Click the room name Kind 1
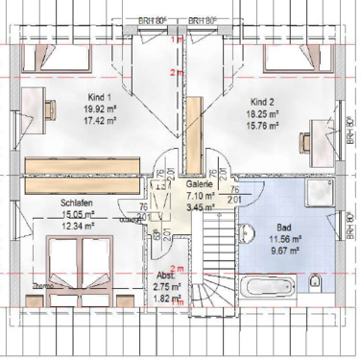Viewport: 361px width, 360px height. coord(100,98)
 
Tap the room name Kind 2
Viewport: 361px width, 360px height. coord(263,101)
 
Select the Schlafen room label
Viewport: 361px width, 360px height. coord(76,204)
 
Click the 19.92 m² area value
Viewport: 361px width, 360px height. coord(100,110)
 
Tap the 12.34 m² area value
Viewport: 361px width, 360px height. coord(77,227)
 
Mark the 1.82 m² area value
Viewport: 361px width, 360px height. coord(167,298)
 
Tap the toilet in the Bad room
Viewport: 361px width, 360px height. coord(316,283)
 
